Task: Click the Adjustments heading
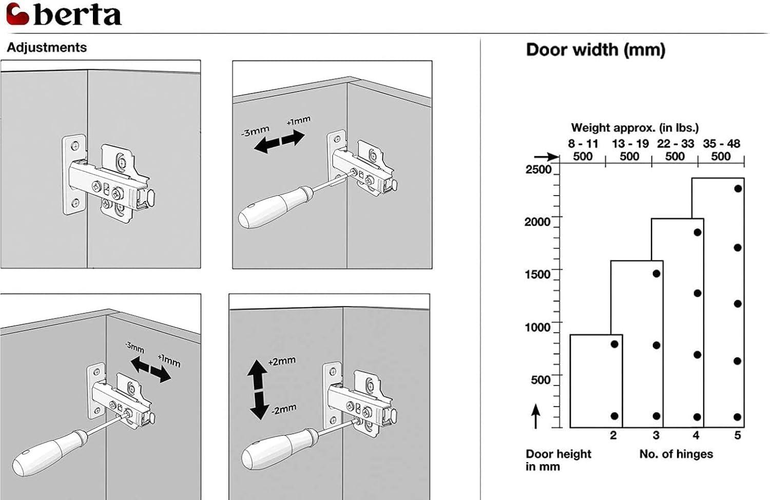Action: pyautogui.click(x=47, y=48)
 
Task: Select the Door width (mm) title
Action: pyautogui.click(x=595, y=50)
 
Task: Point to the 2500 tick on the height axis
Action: pyautogui.click(x=538, y=169)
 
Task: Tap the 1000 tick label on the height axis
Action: pyautogui.click(x=537, y=327)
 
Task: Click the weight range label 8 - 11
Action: pyautogui.click(x=583, y=144)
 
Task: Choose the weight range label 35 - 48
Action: pyautogui.click(x=721, y=144)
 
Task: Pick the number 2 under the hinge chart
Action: pyautogui.click(x=613, y=435)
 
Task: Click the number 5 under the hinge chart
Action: pyautogui.click(x=737, y=435)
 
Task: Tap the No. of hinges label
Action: pyautogui.click(x=676, y=454)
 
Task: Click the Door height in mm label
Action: pyautogui.click(x=558, y=460)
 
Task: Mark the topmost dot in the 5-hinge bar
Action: pyautogui.click(x=738, y=188)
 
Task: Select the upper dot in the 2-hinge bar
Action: pyautogui.click(x=614, y=344)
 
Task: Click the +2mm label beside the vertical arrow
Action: pyautogui.click(x=282, y=361)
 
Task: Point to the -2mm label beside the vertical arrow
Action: pyautogui.click(x=283, y=410)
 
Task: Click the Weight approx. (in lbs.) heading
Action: pyautogui.click(x=634, y=128)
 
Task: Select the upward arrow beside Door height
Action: pyautogui.click(x=535, y=416)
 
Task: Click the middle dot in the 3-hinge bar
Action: pyautogui.click(x=656, y=345)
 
